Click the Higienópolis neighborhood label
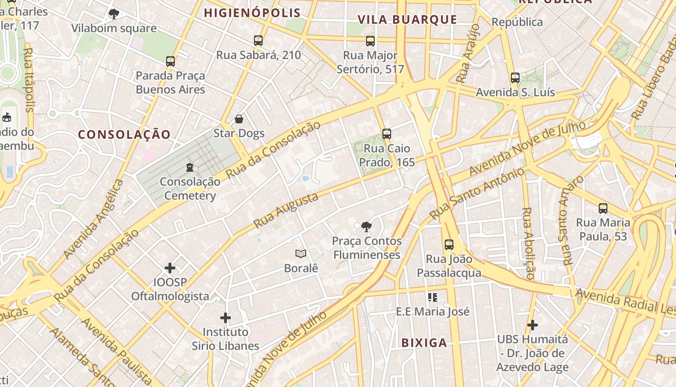tap(252, 13)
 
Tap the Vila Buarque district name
tap(407, 19)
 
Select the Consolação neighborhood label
tap(125, 134)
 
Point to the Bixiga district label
tap(424, 343)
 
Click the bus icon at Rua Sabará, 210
tap(258, 41)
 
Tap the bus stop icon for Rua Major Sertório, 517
tap(370, 41)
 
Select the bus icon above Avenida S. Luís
tap(515, 78)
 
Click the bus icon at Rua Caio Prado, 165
tap(386, 134)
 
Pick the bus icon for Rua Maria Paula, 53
tap(603, 208)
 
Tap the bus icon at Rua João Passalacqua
tap(449, 245)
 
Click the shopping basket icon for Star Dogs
tap(239, 119)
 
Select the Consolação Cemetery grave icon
tap(190, 167)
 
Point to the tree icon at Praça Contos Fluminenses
tap(366, 226)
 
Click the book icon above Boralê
tap(301, 253)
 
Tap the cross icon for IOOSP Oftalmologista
tap(170, 268)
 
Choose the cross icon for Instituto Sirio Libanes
tap(225, 318)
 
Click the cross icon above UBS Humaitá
tap(533, 325)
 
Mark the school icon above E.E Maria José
tap(432, 297)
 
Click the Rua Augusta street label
tap(286, 210)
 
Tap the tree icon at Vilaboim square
tap(114, 14)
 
